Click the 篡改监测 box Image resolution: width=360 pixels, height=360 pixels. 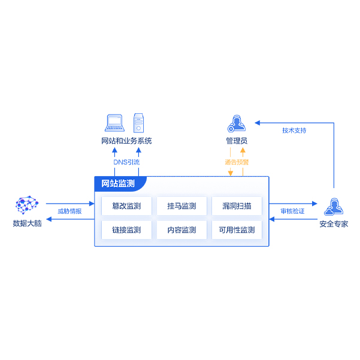(x=126, y=206)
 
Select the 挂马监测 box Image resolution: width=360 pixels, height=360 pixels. (x=181, y=206)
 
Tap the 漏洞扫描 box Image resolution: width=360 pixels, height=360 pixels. (x=237, y=206)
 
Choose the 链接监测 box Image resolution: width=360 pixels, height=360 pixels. (x=126, y=230)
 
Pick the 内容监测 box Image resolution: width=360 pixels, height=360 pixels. (x=181, y=230)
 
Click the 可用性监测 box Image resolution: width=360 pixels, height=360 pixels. (x=237, y=230)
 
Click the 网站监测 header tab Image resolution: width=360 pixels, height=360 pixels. (x=119, y=183)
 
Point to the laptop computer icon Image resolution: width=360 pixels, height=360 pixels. (x=114, y=123)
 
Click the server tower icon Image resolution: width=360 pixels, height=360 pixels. (x=139, y=123)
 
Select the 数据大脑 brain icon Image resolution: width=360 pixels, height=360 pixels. (x=27, y=205)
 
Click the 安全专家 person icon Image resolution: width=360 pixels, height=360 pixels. (x=333, y=206)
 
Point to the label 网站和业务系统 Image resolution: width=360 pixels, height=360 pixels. (x=126, y=141)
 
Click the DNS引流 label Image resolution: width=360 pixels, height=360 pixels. (x=126, y=162)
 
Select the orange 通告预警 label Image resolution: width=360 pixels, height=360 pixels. (x=237, y=162)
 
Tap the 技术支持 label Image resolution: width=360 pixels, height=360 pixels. (x=294, y=131)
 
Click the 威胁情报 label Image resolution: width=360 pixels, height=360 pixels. (x=69, y=211)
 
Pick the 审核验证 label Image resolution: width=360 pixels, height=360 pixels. (x=293, y=211)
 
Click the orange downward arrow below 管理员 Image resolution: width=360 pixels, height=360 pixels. (x=231, y=172)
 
